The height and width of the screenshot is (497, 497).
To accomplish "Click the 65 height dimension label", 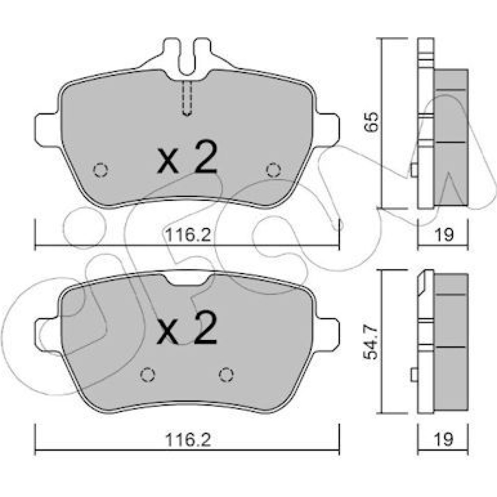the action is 371,121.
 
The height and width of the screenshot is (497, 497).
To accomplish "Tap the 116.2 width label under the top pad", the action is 188,235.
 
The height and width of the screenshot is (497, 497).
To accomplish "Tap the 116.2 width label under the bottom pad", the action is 188,440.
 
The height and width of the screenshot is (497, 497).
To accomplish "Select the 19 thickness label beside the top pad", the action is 444,235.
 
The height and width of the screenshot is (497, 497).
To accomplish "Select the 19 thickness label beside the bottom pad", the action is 444,439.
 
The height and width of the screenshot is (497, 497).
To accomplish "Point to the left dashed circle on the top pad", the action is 101,170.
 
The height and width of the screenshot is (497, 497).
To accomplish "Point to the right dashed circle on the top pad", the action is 273,170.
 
